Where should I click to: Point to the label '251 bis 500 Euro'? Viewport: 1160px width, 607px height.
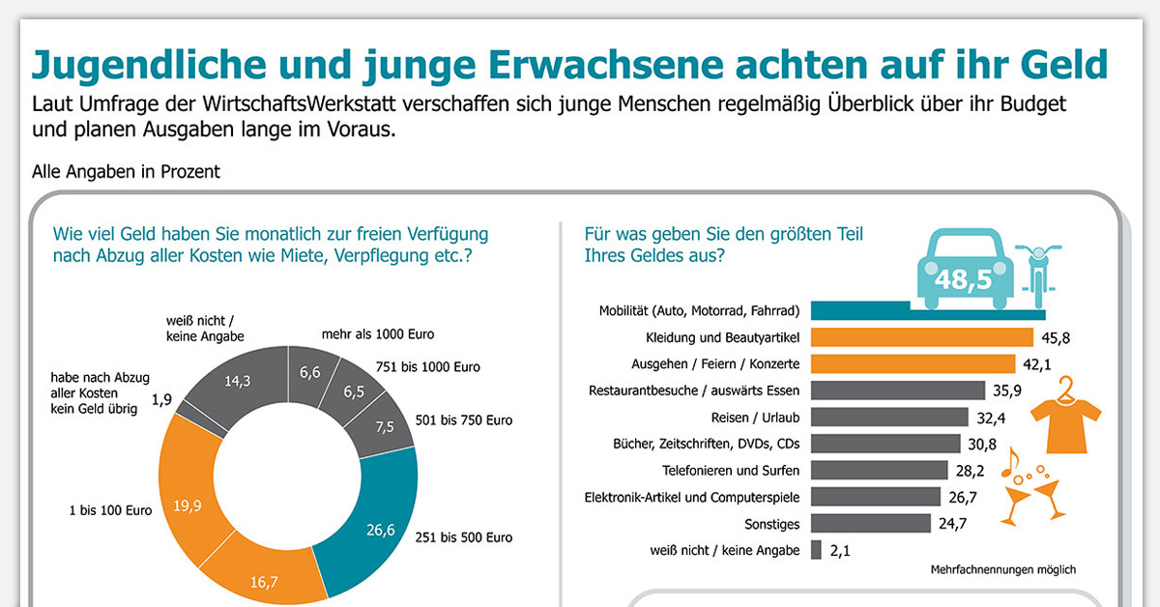coord(463,537)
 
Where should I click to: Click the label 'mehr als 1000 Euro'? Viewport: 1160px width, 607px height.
coord(377,334)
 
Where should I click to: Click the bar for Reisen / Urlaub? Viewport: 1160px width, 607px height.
coord(889,418)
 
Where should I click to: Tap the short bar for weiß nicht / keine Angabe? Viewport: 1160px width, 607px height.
coord(817,550)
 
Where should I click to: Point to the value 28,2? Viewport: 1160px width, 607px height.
coord(971,471)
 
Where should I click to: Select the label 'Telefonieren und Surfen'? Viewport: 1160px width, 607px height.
coord(731,471)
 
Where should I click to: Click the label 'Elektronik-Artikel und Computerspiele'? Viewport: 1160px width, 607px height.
coord(692,497)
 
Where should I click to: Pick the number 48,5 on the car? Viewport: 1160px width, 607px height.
coord(963,280)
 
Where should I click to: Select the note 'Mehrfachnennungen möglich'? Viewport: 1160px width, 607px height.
coord(1002,570)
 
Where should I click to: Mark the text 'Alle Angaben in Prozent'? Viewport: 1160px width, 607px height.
coord(126,172)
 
